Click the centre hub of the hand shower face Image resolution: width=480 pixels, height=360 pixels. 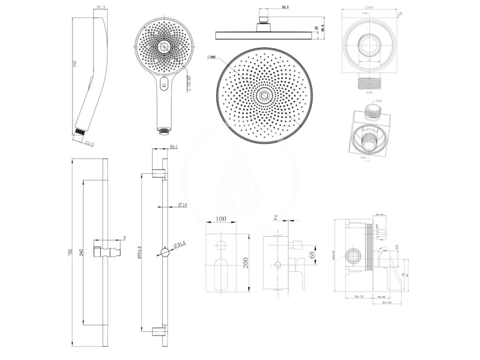tap(164, 46)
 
